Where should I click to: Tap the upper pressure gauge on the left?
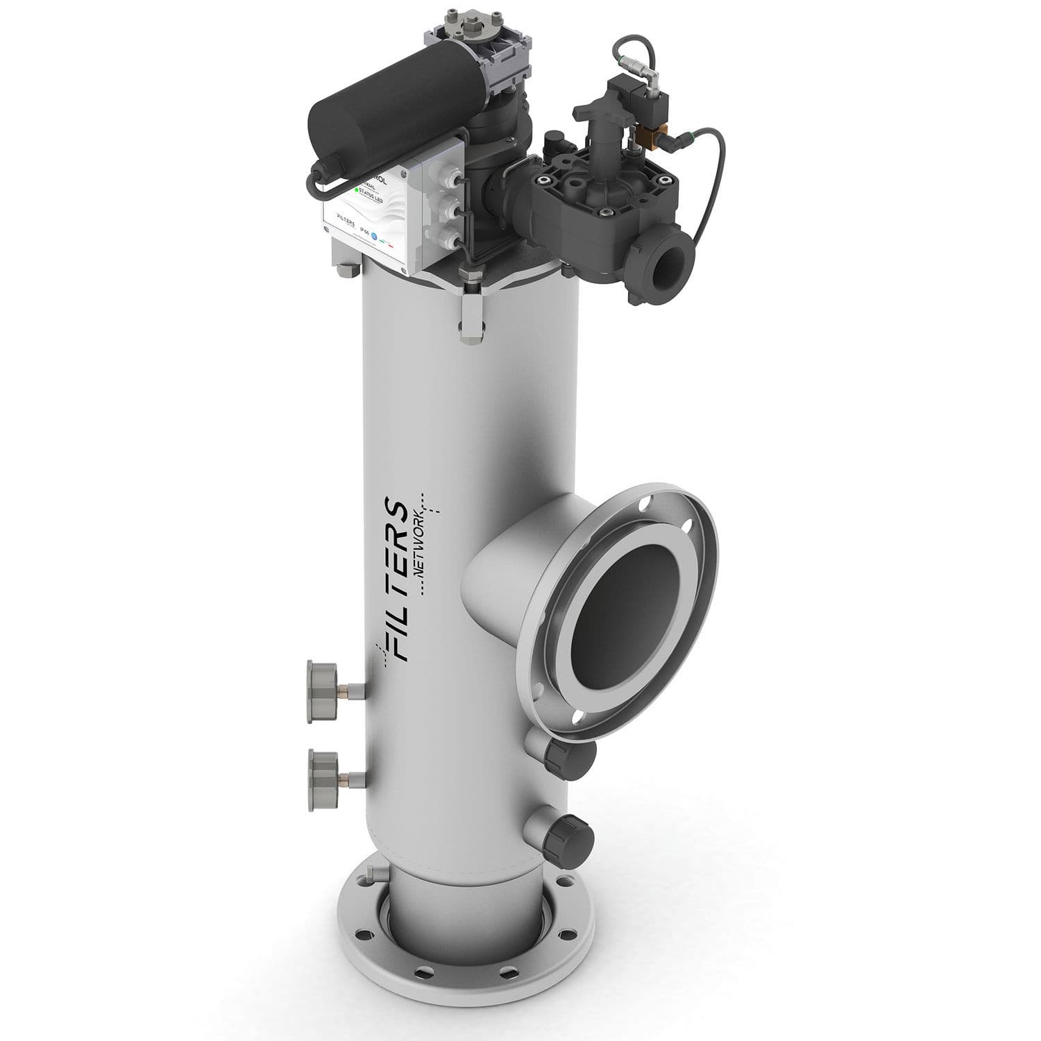tap(321, 682)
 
